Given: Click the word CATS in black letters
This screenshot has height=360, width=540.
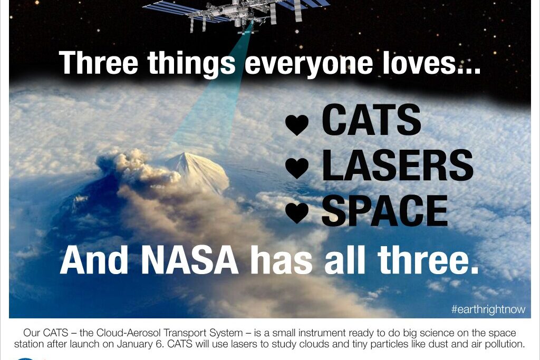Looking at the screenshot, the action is (x=371, y=120).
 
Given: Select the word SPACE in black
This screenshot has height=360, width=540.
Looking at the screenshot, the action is (x=384, y=211).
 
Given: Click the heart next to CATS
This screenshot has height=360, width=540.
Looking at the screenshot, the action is (x=297, y=124).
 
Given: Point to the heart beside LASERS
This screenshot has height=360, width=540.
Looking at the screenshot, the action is (x=297, y=168).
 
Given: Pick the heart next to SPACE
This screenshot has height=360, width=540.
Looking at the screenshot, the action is (x=297, y=213).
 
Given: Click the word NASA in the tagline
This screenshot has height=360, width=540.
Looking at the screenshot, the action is (x=190, y=260).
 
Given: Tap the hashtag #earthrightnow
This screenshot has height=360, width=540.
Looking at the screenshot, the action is (x=488, y=309).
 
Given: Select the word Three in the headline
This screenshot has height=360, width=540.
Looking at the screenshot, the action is (x=99, y=62).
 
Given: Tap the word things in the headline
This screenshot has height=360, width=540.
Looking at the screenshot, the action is (x=191, y=64).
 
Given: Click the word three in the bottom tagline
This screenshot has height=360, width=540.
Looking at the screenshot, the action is (x=428, y=260).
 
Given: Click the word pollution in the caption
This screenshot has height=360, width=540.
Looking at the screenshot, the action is (x=505, y=344).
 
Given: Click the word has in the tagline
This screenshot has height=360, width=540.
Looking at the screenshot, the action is (x=282, y=260).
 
